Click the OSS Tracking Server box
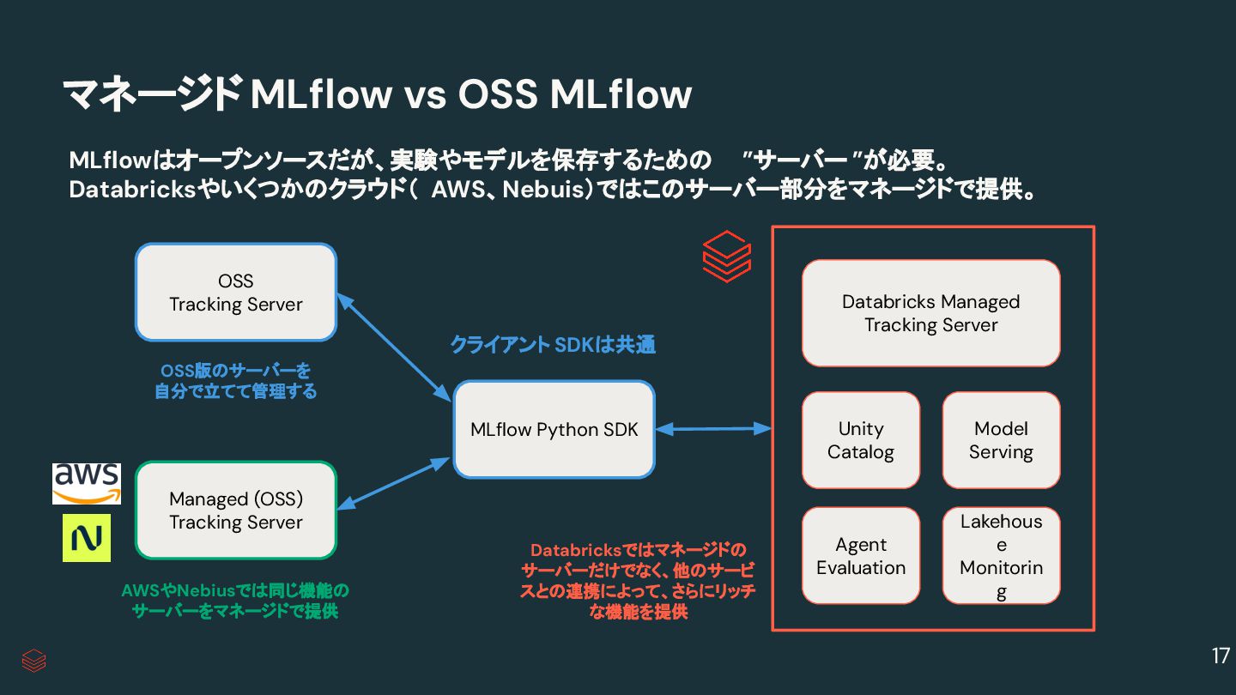click(x=235, y=292)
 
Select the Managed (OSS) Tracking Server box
click(x=235, y=511)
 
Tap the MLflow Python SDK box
click(x=554, y=429)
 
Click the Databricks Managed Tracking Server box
click(x=930, y=313)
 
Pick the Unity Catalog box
click(x=860, y=440)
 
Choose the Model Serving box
click(x=1001, y=440)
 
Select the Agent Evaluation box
click(x=860, y=556)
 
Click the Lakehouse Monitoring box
click(x=1001, y=556)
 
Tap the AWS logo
click(x=86, y=484)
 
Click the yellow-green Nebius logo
click(x=87, y=538)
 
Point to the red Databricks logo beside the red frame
click(x=726, y=256)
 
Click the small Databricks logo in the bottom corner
click(x=33, y=660)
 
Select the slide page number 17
click(x=1220, y=656)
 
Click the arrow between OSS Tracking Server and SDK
click(x=393, y=347)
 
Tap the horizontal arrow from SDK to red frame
click(x=712, y=428)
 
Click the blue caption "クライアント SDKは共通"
click(x=553, y=345)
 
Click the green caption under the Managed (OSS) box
click(x=235, y=601)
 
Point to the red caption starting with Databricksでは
click(x=638, y=581)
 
